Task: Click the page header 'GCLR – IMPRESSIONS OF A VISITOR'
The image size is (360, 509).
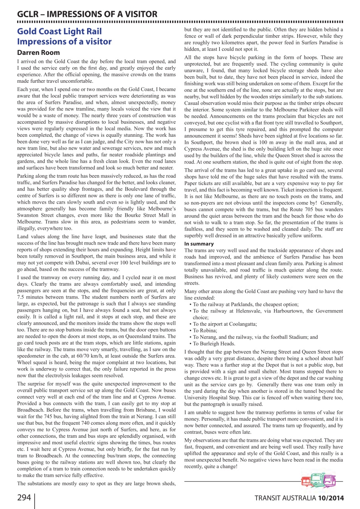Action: coord(87,14)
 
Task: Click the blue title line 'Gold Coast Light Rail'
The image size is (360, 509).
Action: coord(59,31)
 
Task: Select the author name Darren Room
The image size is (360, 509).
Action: coord(39,52)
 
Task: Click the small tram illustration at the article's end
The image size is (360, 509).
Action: coord(318,480)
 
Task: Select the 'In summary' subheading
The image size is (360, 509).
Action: coord(199,244)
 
